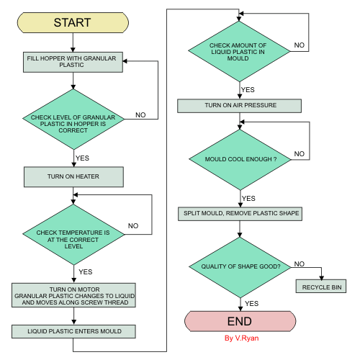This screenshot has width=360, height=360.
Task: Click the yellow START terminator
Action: (73, 22)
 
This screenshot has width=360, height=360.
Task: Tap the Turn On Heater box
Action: (73, 176)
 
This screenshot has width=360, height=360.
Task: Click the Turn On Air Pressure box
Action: (239, 106)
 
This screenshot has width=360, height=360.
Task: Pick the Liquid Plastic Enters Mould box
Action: (73, 330)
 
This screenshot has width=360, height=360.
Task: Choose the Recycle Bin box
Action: (320, 287)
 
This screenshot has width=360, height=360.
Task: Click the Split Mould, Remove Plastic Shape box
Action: (239, 213)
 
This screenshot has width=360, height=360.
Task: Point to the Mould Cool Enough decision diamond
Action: (239, 157)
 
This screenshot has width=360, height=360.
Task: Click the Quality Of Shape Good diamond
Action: (239, 266)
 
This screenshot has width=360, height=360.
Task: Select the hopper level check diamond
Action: (73, 118)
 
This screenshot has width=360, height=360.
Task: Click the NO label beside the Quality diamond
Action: (300, 264)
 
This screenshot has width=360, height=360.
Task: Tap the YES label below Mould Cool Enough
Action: (249, 198)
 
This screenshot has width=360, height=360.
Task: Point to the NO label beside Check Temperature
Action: (133, 225)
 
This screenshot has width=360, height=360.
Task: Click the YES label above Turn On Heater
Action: (84, 157)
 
